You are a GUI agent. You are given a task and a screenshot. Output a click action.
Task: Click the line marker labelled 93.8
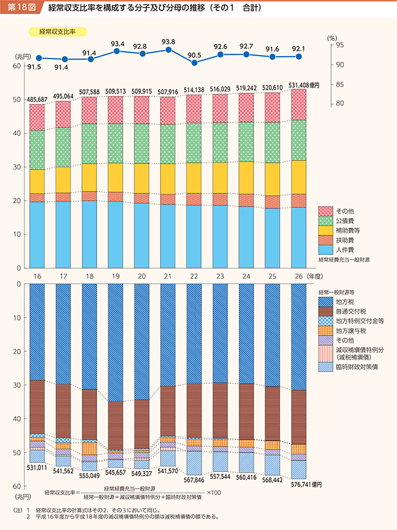tap(168, 49)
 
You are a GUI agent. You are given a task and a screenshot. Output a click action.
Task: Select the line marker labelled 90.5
tap(194, 62)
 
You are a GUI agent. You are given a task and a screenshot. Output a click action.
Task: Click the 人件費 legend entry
tap(339, 249)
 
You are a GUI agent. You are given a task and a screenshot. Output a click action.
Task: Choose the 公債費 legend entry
tap(339, 221)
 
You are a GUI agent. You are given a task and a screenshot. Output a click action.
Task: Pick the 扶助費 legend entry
tap(339, 240)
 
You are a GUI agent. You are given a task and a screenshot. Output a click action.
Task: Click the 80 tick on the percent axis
tap(340, 104)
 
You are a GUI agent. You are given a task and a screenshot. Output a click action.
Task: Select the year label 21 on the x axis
tap(168, 276)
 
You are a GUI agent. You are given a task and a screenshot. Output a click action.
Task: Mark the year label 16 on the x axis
tap(37, 276)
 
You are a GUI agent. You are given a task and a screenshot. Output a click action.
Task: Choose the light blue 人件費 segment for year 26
tap(299, 238)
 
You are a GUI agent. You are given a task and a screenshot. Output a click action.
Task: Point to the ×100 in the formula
tap(214, 492)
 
